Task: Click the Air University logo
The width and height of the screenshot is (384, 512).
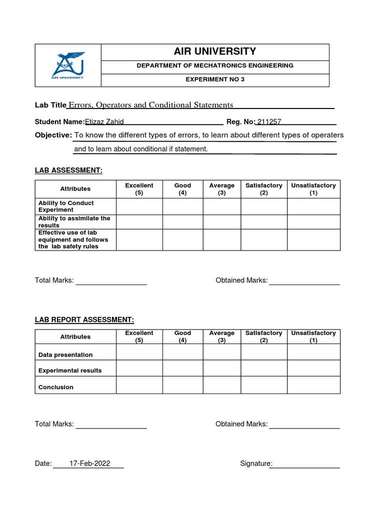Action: [x=67, y=65]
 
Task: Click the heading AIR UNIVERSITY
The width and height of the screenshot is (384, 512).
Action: [x=215, y=51]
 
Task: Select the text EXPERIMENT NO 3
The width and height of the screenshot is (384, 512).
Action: [x=215, y=79]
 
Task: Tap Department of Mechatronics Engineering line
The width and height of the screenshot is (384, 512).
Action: [x=215, y=65]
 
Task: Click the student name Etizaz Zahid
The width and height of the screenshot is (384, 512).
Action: [x=104, y=122]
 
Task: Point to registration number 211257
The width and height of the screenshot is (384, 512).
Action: [x=268, y=122]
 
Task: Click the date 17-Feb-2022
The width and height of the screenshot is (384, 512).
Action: [x=89, y=463]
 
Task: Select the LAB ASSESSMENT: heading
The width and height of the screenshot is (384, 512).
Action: [x=68, y=170]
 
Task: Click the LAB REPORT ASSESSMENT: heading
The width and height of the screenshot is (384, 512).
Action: [x=84, y=320]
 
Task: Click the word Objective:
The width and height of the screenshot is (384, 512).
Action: [x=53, y=135]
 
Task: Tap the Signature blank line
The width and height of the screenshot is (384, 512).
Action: [x=305, y=464]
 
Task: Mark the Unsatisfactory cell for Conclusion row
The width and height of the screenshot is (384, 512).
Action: [x=313, y=385]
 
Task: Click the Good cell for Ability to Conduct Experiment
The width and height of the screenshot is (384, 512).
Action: [x=182, y=206]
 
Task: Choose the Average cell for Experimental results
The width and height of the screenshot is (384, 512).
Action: [x=221, y=369]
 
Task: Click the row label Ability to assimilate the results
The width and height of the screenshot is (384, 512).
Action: [x=75, y=222]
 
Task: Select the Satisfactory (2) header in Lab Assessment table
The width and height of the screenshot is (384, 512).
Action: [x=263, y=189]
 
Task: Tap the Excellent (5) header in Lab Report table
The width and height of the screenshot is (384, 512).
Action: [x=139, y=336]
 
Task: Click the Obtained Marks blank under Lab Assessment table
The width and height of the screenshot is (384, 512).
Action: [x=304, y=281]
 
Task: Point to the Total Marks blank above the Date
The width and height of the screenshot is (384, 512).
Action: [x=111, y=424]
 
